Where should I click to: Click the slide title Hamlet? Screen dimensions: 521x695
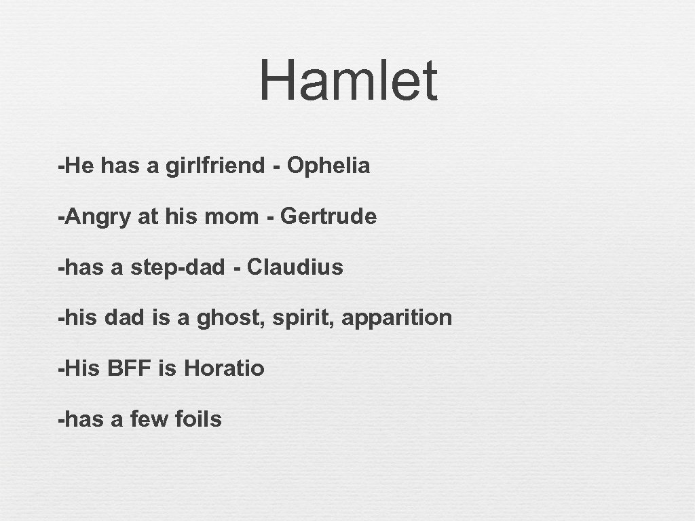tap(348, 81)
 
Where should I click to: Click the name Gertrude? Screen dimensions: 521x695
tap(328, 217)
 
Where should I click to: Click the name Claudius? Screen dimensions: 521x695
tap(295, 267)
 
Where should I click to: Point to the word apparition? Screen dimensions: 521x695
tap(396, 317)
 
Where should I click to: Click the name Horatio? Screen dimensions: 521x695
tap(224, 368)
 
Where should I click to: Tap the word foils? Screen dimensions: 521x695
tap(198, 419)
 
